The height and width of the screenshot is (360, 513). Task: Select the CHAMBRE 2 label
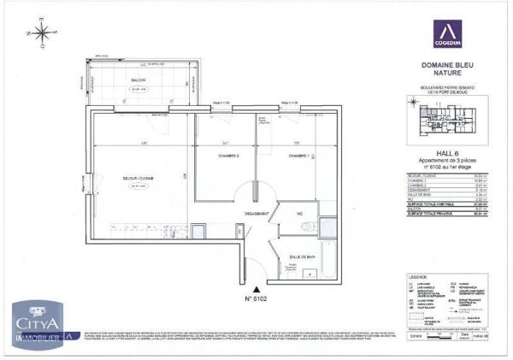pyautogui.click(x=226, y=156)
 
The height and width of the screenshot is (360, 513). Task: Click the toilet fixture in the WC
pyautogui.click(x=311, y=225)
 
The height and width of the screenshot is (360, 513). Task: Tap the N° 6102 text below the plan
pyautogui.click(x=257, y=301)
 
